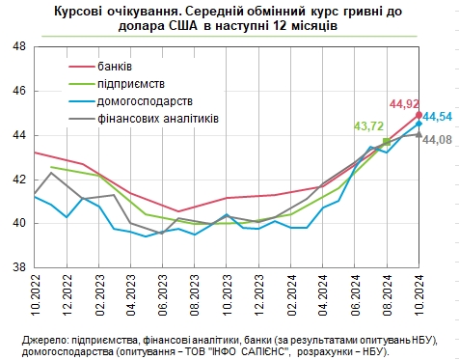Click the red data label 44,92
pos(404,102)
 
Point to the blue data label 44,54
pos(438,117)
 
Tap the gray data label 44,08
pos(438,141)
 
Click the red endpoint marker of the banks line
pos(418,115)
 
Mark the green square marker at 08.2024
pos(387,142)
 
